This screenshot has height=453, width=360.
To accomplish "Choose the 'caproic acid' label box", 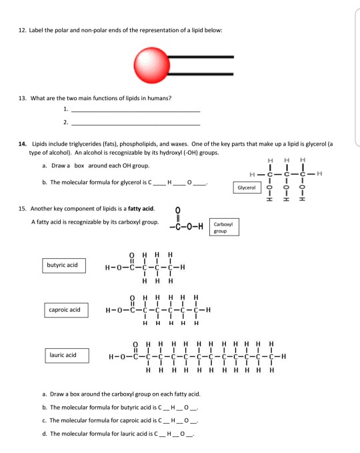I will coord(64,310).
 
